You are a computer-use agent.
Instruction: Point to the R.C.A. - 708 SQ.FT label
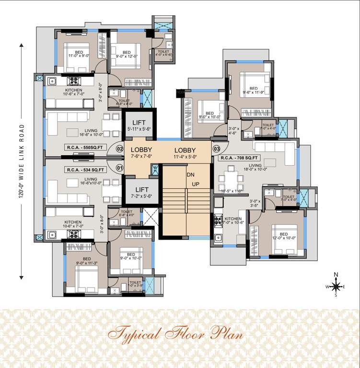coord(239,157)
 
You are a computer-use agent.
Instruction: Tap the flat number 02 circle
coord(120,149)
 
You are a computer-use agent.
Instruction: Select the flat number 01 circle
coord(120,168)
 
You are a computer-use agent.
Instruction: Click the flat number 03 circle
coord(216,149)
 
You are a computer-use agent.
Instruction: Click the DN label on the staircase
coord(191,175)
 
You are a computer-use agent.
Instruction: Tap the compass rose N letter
coord(336,275)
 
